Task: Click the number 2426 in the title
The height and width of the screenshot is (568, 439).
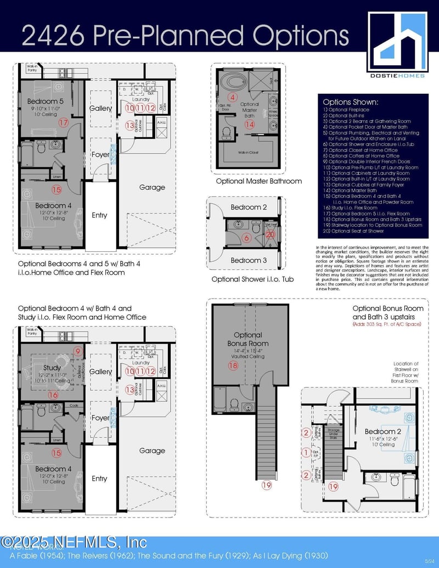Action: pos(53,35)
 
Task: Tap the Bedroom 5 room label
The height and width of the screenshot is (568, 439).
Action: pos(46,102)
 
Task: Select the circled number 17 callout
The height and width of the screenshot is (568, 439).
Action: pos(63,123)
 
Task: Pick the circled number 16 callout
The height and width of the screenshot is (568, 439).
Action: pos(53,394)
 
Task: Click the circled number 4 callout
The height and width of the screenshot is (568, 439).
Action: pos(232,97)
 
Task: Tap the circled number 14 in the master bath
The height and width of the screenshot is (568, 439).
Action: pos(250,125)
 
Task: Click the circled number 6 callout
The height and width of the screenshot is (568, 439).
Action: pos(246,238)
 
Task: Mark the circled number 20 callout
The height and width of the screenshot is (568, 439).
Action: pos(269,234)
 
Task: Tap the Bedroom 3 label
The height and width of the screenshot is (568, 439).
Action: pos(249,260)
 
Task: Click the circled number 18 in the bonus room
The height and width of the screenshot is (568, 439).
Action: pos(233,365)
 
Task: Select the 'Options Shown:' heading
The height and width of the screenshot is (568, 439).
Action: pos(350,102)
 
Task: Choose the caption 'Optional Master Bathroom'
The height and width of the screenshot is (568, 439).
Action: pos(251,181)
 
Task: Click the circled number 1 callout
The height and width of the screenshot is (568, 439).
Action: pos(306,452)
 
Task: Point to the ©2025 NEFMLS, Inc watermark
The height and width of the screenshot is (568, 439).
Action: pos(74,543)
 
